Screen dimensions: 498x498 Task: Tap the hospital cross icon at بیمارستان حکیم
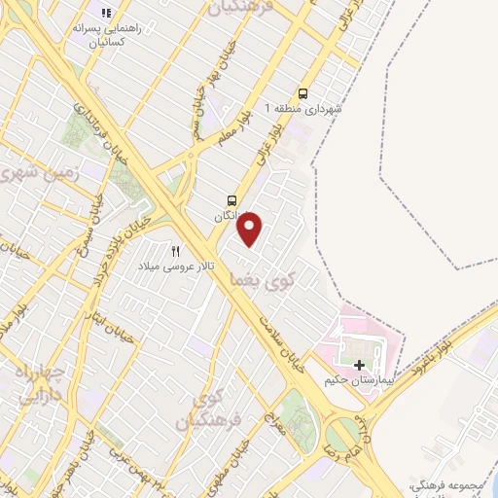[x=359, y=363]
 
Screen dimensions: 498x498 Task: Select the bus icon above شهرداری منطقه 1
[x=303, y=94]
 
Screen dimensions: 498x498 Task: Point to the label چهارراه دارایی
[x=38, y=384]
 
